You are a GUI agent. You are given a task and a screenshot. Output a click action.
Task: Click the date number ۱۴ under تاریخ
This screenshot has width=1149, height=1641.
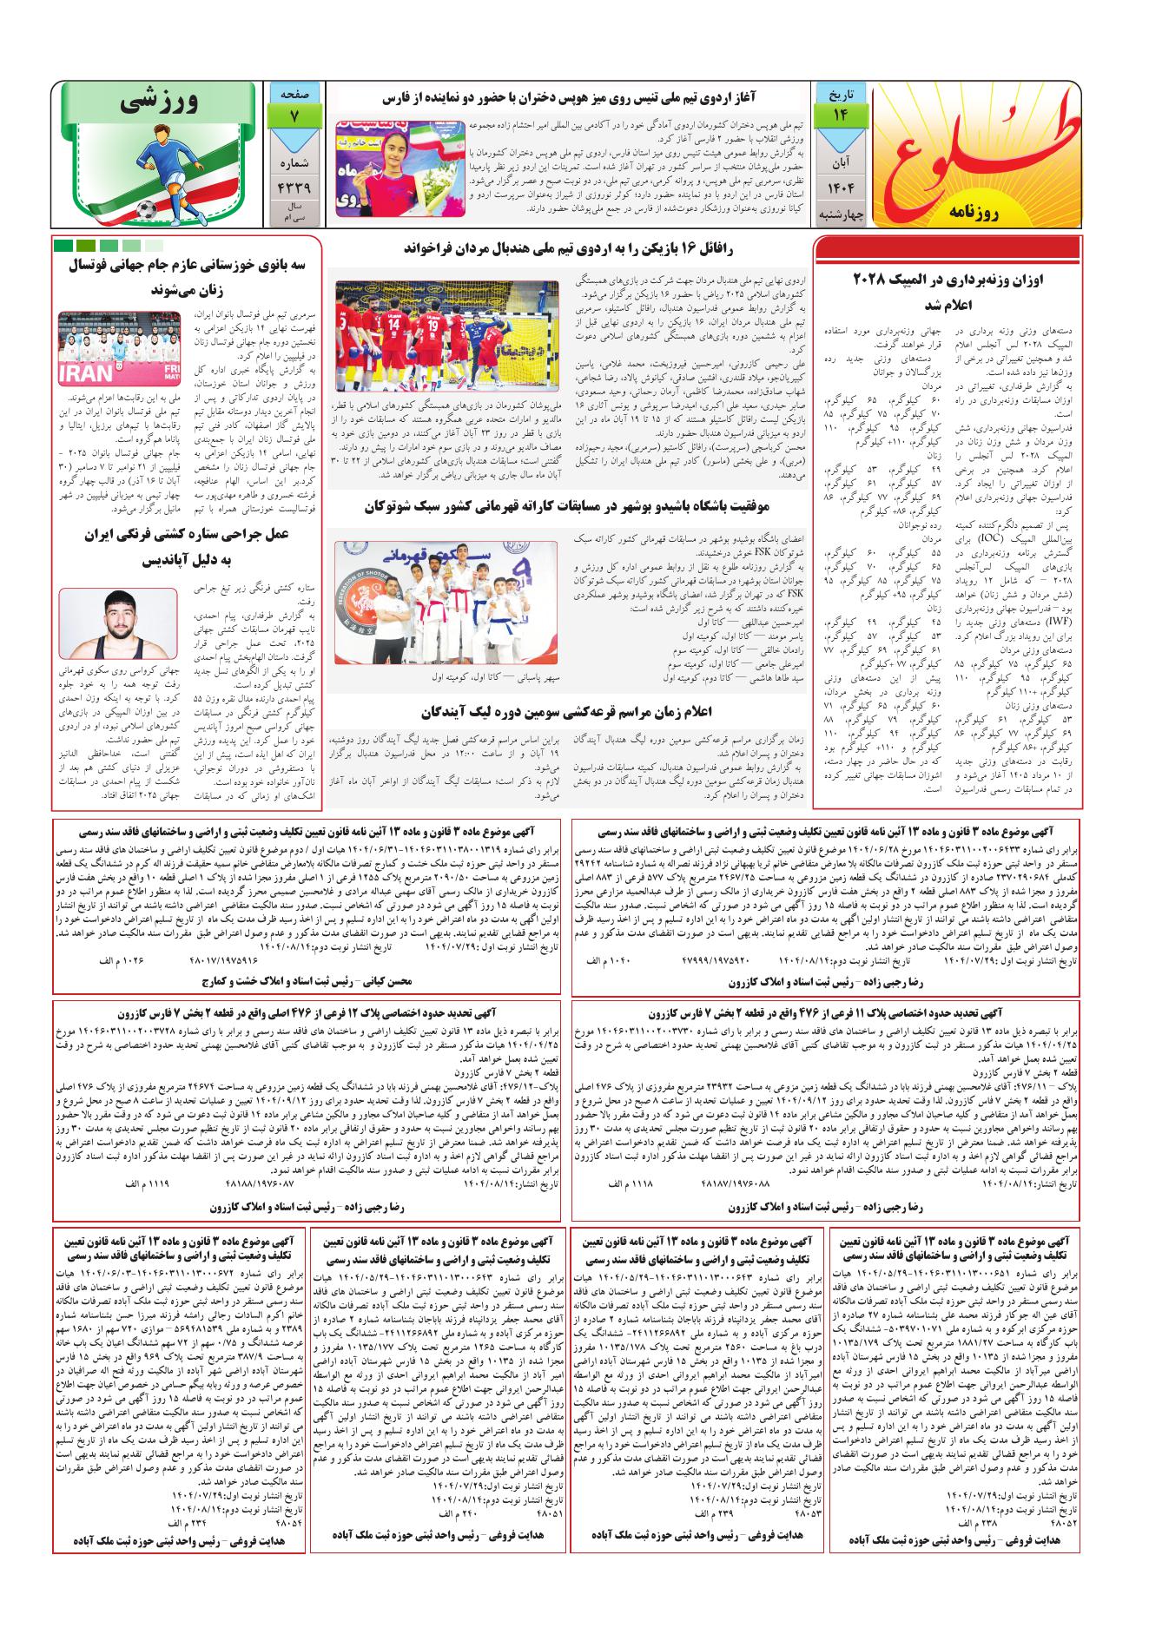[x=839, y=115]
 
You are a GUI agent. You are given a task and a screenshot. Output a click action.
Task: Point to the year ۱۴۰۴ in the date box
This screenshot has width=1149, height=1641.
[x=839, y=188]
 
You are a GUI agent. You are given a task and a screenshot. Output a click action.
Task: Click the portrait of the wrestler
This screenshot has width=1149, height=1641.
[x=118, y=624]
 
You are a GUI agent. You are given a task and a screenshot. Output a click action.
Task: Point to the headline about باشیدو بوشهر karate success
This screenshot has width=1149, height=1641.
[x=570, y=507]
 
